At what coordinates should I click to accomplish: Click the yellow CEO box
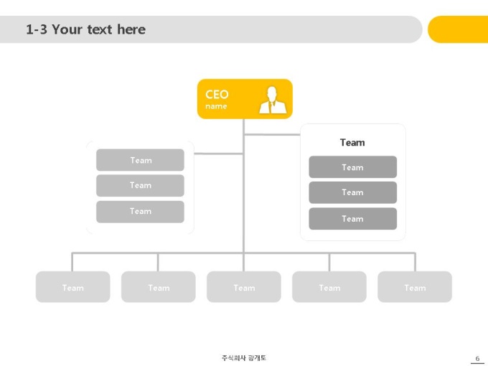click(245, 99)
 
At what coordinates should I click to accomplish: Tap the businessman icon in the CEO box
click(273, 100)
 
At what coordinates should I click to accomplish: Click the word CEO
click(217, 94)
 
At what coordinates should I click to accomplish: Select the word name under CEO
click(216, 106)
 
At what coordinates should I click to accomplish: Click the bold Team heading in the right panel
click(352, 143)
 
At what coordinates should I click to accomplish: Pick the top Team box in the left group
click(140, 160)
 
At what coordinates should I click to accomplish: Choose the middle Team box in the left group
click(140, 185)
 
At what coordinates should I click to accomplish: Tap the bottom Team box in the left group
click(140, 212)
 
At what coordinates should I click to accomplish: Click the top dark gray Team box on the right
click(352, 167)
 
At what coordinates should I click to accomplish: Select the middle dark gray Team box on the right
click(352, 192)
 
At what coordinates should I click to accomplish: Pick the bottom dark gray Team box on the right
click(352, 219)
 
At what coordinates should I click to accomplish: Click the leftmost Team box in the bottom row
click(72, 286)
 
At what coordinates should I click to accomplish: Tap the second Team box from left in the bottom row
click(159, 286)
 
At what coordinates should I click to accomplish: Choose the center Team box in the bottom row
click(244, 286)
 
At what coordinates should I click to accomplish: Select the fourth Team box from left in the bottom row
click(329, 286)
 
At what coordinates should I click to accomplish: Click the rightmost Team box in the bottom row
click(415, 286)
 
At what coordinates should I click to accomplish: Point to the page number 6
click(477, 358)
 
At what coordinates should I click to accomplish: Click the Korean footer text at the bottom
click(244, 358)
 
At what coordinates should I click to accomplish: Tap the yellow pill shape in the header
click(458, 29)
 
